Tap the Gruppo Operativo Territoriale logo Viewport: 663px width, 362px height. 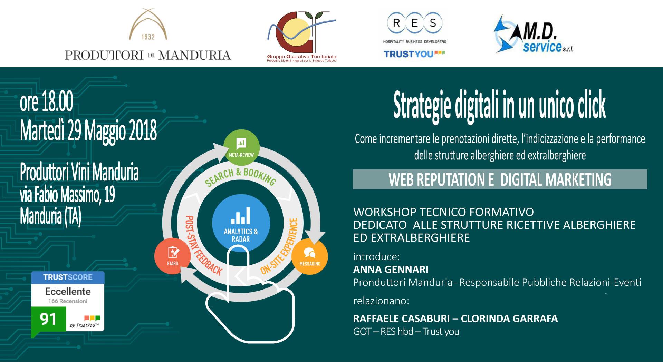point(301,37)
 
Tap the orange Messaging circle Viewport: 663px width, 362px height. point(310,256)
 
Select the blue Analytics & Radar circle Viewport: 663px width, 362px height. point(241,222)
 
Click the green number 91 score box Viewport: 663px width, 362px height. point(48,319)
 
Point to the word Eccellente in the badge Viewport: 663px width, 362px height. point(68,291)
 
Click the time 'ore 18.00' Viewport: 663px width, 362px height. point(47,102)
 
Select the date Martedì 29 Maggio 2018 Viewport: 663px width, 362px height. point(88,131)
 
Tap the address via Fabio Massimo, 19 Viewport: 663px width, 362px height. point(67,194)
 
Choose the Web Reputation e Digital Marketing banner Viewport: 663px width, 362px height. point(500,179)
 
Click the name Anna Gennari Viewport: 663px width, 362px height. point(391,269)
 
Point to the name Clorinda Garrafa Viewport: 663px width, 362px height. point(509,318)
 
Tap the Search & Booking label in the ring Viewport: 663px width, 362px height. point(240,177)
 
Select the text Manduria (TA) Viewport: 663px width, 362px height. point(50,216)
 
